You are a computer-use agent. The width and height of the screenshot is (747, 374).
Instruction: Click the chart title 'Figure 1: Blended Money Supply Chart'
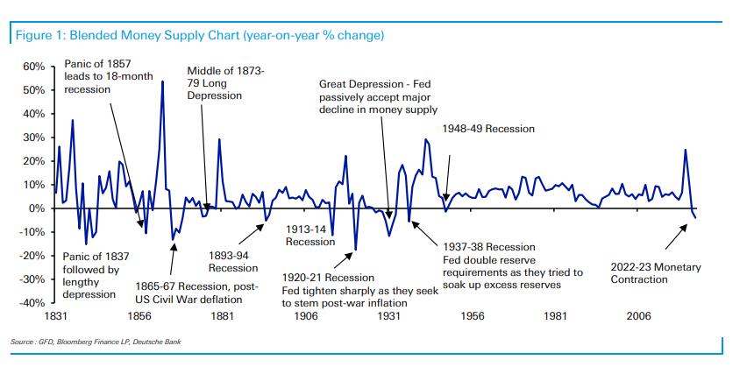coord(199,36)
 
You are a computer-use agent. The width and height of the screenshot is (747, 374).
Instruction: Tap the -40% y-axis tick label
coord(32,303)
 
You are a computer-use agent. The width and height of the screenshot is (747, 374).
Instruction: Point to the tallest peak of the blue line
coord(162,81)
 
